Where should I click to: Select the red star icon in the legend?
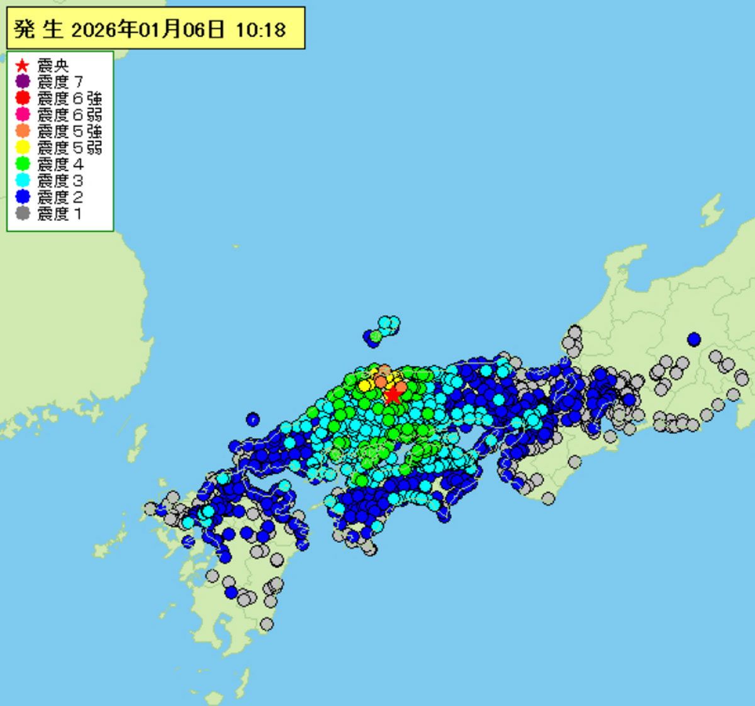pos(23,65)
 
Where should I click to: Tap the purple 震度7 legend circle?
pos(23,82)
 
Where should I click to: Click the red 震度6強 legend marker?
pos(23,98)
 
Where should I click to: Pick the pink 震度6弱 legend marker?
pos(23,115)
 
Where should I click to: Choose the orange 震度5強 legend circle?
pos(23,131)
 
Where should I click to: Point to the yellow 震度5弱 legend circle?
pos(23,147)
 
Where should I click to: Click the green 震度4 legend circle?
pos(23,164)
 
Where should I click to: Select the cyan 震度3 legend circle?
pos(23,180)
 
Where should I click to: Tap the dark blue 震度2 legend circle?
pos(23,196)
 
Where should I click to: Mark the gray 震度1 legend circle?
pos(23,213)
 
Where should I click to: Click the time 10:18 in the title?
pos(260,30)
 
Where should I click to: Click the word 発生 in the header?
pos(38,30)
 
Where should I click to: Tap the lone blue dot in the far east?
pos(694,339)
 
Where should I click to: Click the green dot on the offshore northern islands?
pos(376,337)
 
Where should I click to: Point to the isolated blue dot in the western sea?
pos(253,418)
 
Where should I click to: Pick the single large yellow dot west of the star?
pos(364,385)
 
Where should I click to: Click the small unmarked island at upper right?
pos(712,210)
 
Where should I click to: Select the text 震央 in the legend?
pos(53,65)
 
